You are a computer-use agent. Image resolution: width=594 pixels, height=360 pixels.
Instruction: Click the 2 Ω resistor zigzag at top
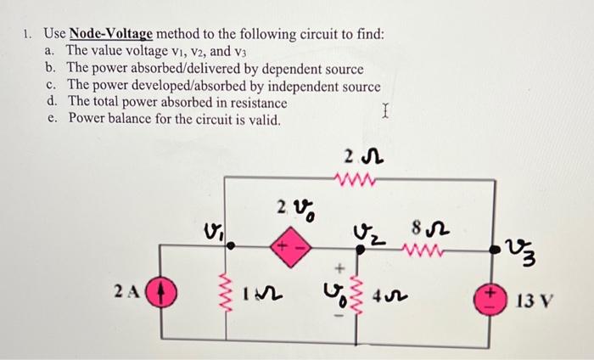tap(350, 180)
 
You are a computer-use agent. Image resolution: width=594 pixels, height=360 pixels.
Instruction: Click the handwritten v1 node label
tap(213, 229)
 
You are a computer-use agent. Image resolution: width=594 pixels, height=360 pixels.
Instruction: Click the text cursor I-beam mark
tap(385, 110)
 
